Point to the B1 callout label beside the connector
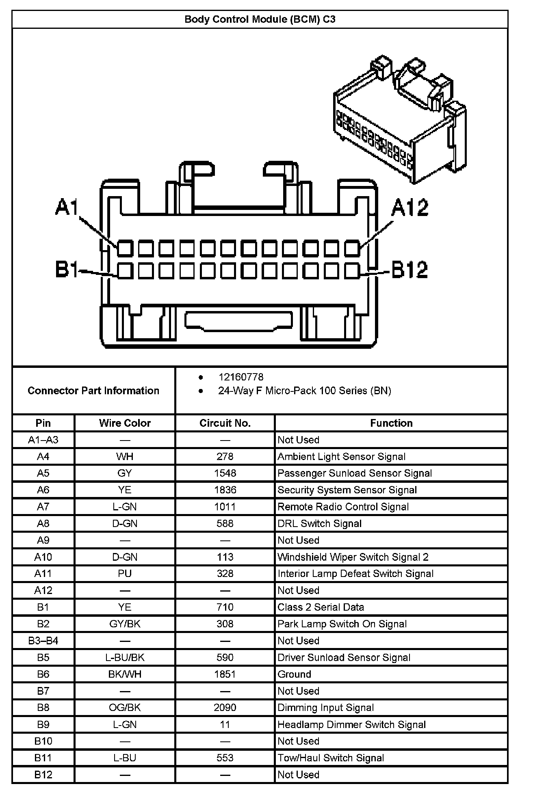pos(66,269)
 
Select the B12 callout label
pos(409,270)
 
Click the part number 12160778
pos(241,377)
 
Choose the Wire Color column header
pos(125,423)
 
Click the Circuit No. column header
pos(225,423)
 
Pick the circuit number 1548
pos(225,473)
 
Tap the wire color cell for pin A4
pos(125,457)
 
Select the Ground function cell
pos(294,674)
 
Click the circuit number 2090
pos(225,708)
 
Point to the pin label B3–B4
pos(43,641)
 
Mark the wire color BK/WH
pos(125,674)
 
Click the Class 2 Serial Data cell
pos(321,607)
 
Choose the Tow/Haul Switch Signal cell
pos(330,758)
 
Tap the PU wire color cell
pos(125,574)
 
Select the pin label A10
pos(43,557)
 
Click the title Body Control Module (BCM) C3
pos(260,19)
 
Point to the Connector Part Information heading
pos(93,391)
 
